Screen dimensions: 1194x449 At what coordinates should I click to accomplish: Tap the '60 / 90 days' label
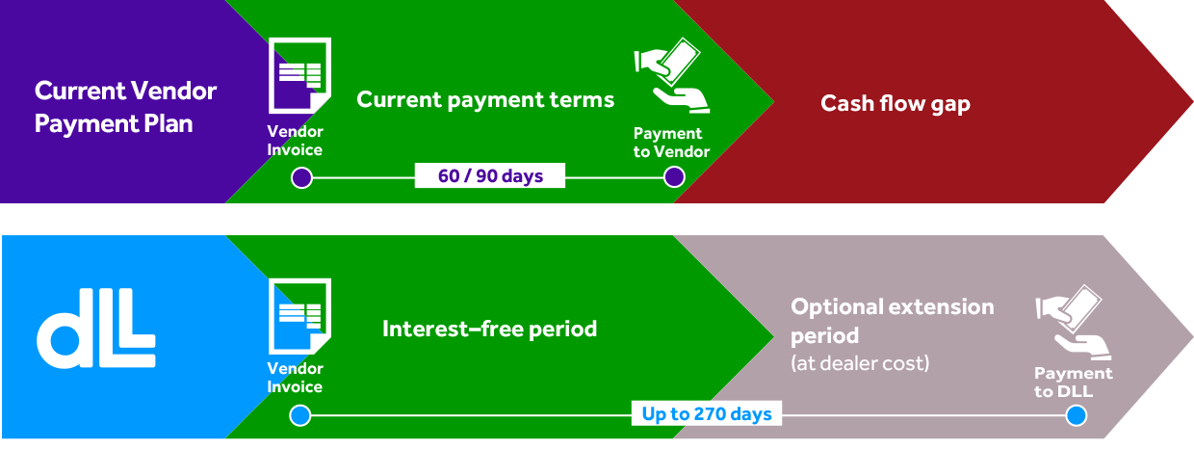pyautogui.click(x=490, y=175)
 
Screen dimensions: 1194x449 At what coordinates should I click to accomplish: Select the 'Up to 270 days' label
pyautogui.click(x=706, y=413)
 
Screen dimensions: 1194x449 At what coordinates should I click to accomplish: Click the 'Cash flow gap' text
pyautogui.click(x=895, y=103)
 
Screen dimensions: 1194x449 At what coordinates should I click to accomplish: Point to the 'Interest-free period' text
pyautogui.click(x=489, y=329)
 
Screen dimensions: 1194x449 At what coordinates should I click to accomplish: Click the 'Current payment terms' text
pyautogui.click(x=485, y=99)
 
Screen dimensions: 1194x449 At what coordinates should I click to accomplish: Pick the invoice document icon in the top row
pyautogui.click(x=299, y=75)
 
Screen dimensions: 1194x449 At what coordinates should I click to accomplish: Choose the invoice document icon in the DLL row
pyautogui.click(x=299, y=316)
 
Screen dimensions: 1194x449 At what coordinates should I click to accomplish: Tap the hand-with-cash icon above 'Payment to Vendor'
pyautogui.click(x=672, y=75)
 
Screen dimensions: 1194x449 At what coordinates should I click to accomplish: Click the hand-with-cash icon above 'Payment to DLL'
pyautogui.click(x=1073, y=322)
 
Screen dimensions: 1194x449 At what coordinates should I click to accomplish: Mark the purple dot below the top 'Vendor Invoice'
pyautogui.click(x=301, y=177)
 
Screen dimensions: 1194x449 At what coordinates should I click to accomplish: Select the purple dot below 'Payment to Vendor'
pyautogui.click(x=674, y=177)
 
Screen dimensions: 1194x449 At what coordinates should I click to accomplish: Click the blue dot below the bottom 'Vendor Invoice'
pyautogui.click(x=300, y=415)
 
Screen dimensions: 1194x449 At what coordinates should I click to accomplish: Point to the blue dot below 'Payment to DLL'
pyautogui.click(x=1077, y=415)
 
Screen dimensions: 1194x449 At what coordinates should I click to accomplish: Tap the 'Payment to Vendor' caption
pyautogui.click(x=671, y=143)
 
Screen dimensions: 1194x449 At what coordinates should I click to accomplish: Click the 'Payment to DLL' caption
pyautogui.click(x=1073, y=382)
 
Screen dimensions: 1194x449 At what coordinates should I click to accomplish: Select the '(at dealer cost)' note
pyautogui.click(x=860, y=363)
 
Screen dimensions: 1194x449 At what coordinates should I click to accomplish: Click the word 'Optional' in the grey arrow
pyautogui.click(x=837, y=307)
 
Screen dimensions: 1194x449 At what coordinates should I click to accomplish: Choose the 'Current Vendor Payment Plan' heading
pyautogui.click(x=125, y=107)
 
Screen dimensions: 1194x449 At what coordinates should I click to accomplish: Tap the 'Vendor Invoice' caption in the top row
pyautogui.click(x=295, y=141)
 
